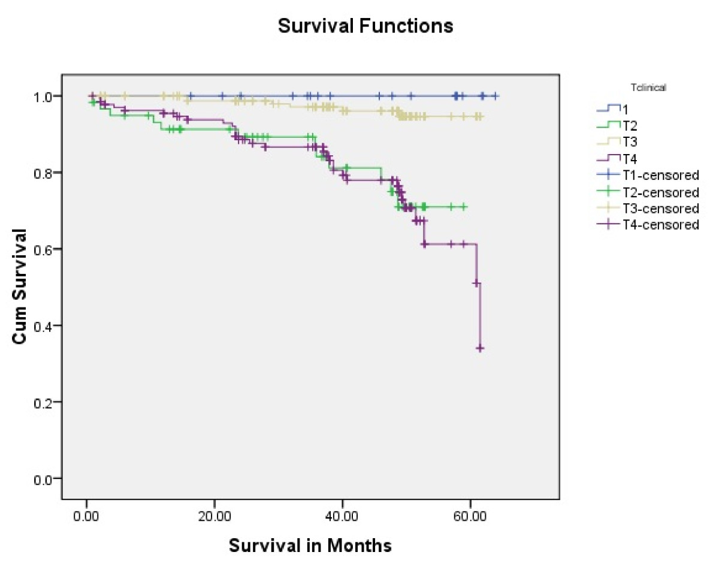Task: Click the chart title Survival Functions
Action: tap(365, 27)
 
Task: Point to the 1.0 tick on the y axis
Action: tap(45, 96)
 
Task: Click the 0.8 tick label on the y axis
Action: tap(45, 173)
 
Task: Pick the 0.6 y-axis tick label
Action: tap(45, 249)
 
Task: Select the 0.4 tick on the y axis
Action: tap(45, 325)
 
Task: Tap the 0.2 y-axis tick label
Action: tap(45, 402)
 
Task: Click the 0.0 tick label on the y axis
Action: tap(45, 478)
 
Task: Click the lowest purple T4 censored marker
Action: tap(480, 348)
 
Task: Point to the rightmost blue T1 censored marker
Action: tap(495, 96)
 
